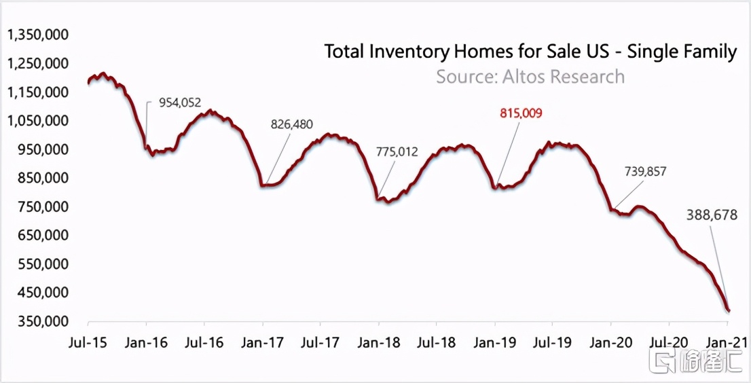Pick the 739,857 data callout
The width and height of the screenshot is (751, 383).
click(x=645, y=172)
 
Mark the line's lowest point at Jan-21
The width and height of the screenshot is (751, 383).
click(x=729, y=311)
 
